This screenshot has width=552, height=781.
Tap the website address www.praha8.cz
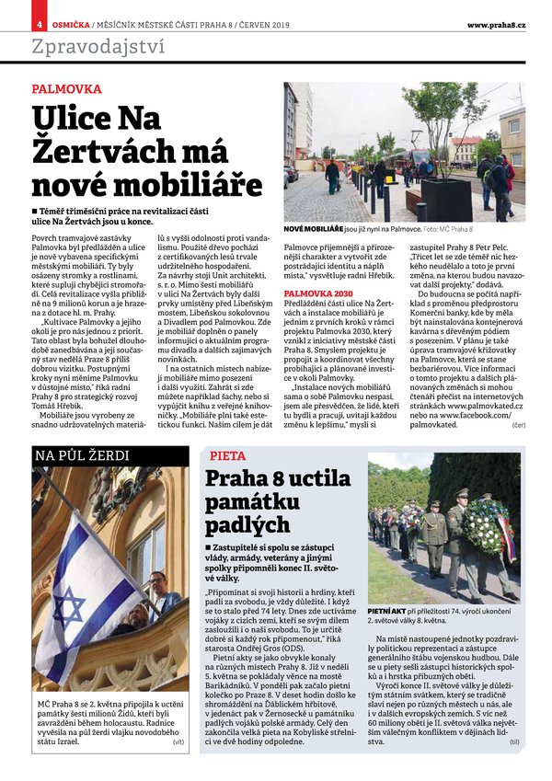496,23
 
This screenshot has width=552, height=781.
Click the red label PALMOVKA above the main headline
66,90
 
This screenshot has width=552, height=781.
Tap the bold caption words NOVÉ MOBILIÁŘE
314,227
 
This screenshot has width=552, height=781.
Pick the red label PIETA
227,455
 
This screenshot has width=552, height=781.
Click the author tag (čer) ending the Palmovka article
518,424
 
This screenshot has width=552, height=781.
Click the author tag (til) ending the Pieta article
514,766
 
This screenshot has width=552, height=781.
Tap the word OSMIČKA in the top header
69,23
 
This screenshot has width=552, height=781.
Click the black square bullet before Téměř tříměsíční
35,212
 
